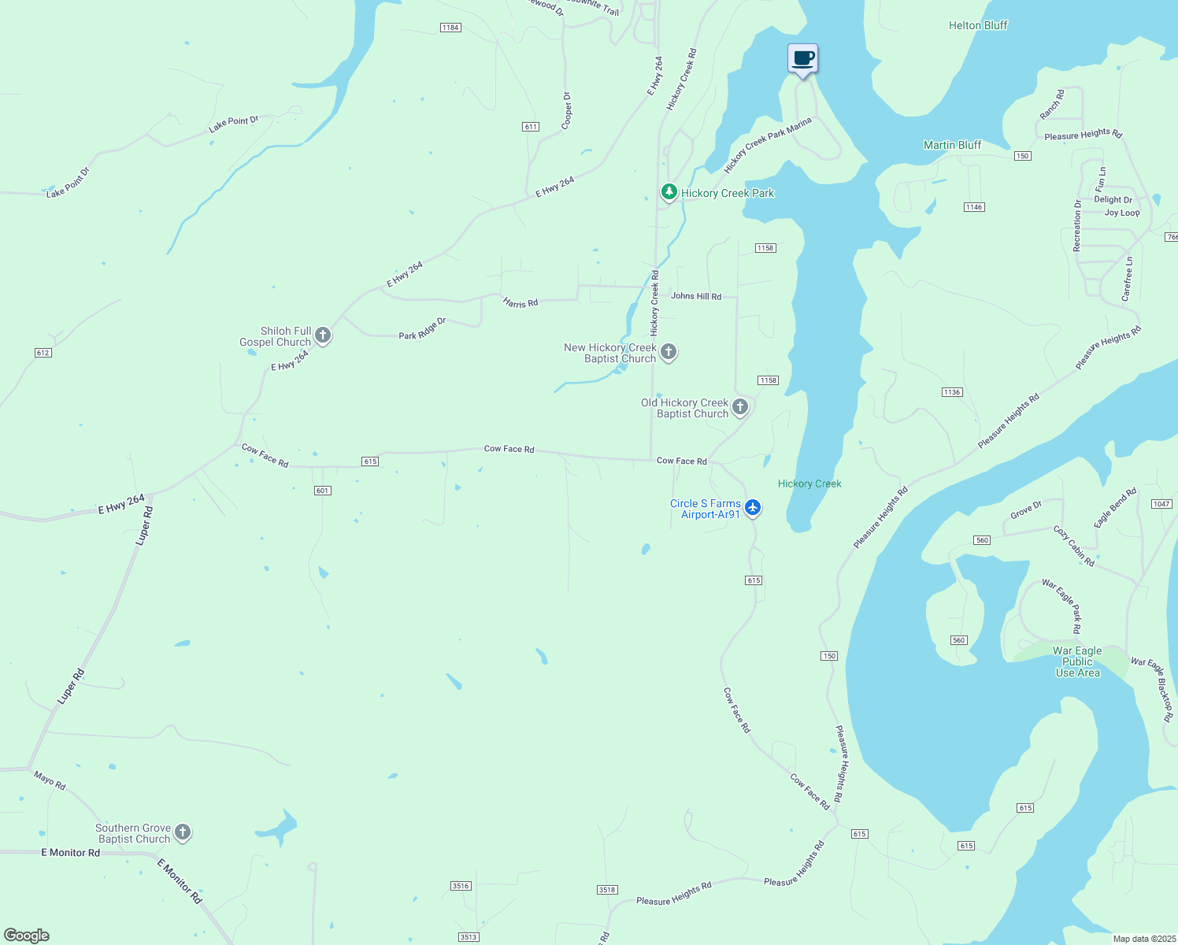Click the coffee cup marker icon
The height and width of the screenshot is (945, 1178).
[x=802, y=59]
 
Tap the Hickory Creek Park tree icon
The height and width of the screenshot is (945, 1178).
[x=669, y=192]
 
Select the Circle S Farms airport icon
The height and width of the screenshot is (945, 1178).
[x=753, y=508]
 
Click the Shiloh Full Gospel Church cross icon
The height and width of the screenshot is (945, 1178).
[x=322, y=336]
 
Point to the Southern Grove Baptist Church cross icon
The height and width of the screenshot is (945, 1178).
[x=183, y=832]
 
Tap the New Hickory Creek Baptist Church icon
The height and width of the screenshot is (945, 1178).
[x=669, y=352]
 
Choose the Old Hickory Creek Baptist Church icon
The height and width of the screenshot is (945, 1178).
[x=740, y=407]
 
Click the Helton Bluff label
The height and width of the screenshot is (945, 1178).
[x=978, y=25]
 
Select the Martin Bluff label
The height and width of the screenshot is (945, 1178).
[x=952, y=145]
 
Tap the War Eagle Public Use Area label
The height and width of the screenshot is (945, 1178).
[x=1077, y=661]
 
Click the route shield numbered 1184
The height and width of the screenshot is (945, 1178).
[x=450, y=28]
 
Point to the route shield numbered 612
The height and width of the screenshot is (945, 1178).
[x=43, y=353]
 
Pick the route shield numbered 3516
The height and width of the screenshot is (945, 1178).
[x=461, y=886]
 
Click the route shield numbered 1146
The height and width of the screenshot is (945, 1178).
[x=974, y=207]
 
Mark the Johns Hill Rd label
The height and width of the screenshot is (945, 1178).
[x=696, y=296]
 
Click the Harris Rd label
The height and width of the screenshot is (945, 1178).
[x=520, y=302]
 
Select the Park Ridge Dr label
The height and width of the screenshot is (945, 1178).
[x=422, y=329]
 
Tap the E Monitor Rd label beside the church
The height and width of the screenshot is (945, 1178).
[x=71, y=853]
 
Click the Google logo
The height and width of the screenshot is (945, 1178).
[x=27, y=936]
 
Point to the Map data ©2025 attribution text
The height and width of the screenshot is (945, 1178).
[x=1143, y=939]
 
